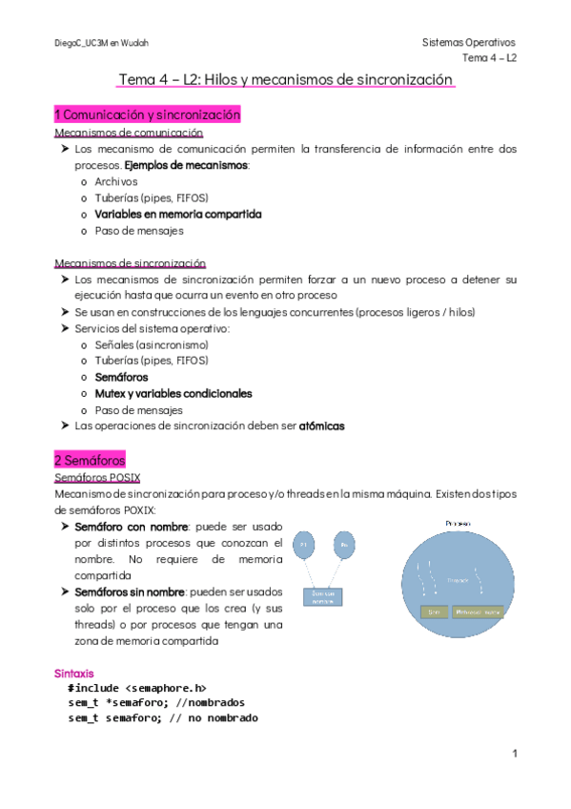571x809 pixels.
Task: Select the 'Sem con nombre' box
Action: [324, 597]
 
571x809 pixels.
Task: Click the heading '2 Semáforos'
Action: [90, 460]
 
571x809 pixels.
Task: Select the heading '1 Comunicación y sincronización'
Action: [147, 115]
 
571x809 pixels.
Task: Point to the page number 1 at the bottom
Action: [514, 754]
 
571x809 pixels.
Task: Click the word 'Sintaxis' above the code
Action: [73, 673]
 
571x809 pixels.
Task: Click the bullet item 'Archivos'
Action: [116, 181]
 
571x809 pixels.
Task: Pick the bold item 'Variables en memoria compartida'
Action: [177, 214]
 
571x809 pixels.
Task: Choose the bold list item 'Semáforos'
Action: [121, 377]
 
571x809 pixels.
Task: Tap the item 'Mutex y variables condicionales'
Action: [173, 393]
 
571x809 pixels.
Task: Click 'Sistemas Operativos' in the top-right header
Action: [467, 43]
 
